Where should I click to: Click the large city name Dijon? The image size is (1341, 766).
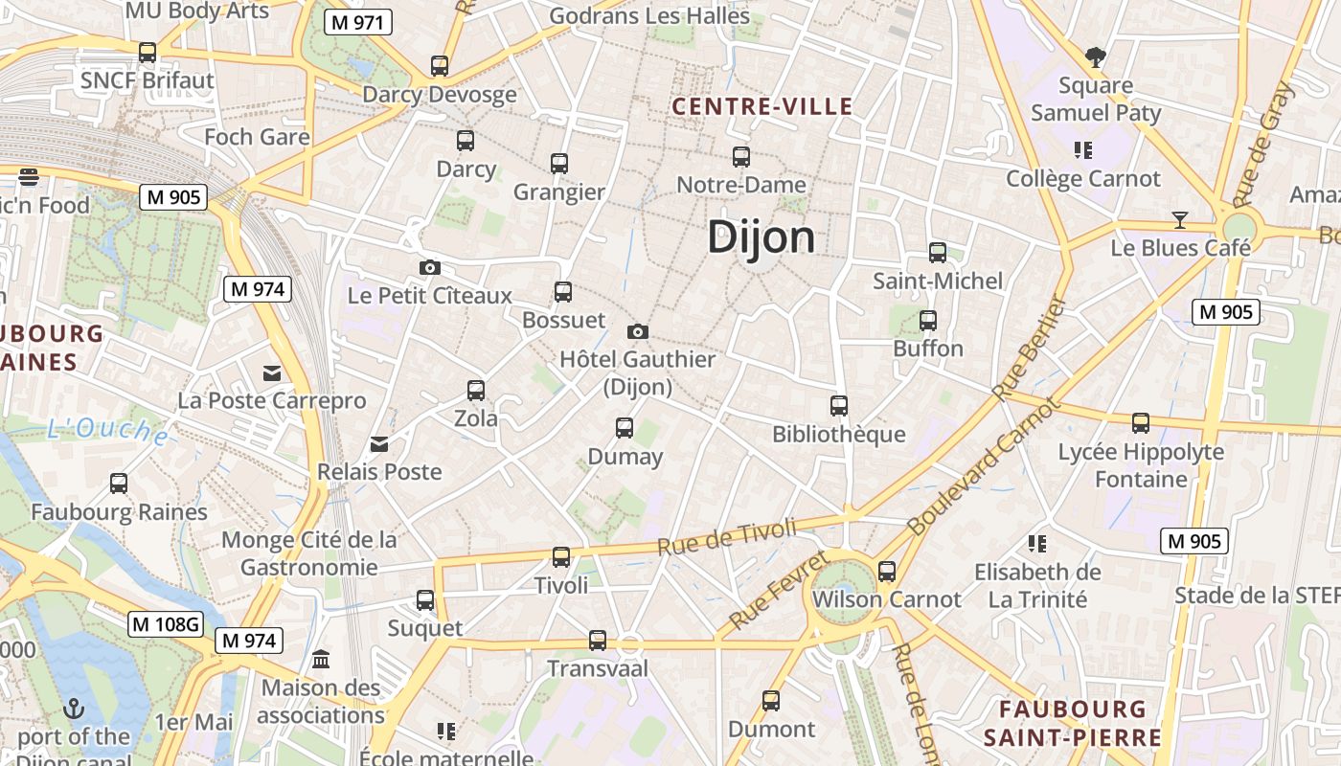click(x=761, y=237)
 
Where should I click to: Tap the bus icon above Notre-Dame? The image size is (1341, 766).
click(x=740, y=157)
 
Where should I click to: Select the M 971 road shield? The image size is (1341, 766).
click(x=358, y=23)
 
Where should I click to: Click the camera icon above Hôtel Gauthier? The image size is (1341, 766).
click(x=638, y=331)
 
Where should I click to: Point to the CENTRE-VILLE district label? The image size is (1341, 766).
click(x=762, y=106)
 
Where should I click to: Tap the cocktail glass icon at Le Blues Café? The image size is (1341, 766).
click(x=1180, y=220)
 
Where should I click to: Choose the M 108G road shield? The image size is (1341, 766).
click(x=166, y=624)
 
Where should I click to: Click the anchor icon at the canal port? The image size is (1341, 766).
click(x=74, y=709)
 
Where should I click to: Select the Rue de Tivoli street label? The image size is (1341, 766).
click(x=728, y=536)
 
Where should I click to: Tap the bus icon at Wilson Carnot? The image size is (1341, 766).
click(x=887, y=572)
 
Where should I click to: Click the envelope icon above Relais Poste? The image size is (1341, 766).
click(x=380, y=443)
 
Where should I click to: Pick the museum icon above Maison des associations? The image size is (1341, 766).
click(x=321, y=660)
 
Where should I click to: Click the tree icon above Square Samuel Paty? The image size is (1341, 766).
click(x=1096, y=57)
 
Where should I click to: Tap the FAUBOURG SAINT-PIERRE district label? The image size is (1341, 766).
click(x=1072, y=723)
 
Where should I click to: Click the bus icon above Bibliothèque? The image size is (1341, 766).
click(x=839, y=406)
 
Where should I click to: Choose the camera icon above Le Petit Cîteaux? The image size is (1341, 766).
click(x=430, y=267)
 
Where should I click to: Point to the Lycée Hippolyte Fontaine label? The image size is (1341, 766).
click(x=1141, y=464)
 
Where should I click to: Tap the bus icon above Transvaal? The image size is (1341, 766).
click(x=598, y=640)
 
